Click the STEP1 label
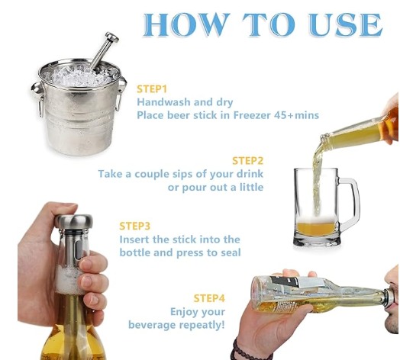point(152,89)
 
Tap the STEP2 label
point(247,161)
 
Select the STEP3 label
point(134,227)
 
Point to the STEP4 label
point(209,298)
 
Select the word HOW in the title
point(185,24)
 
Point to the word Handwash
point(163,102)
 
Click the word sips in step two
point(181,174)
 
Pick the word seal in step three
point(231,252)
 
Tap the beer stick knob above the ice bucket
point(112,37)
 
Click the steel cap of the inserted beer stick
point(74,222)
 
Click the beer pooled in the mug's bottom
point(316,229)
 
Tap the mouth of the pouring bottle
point(324,140)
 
